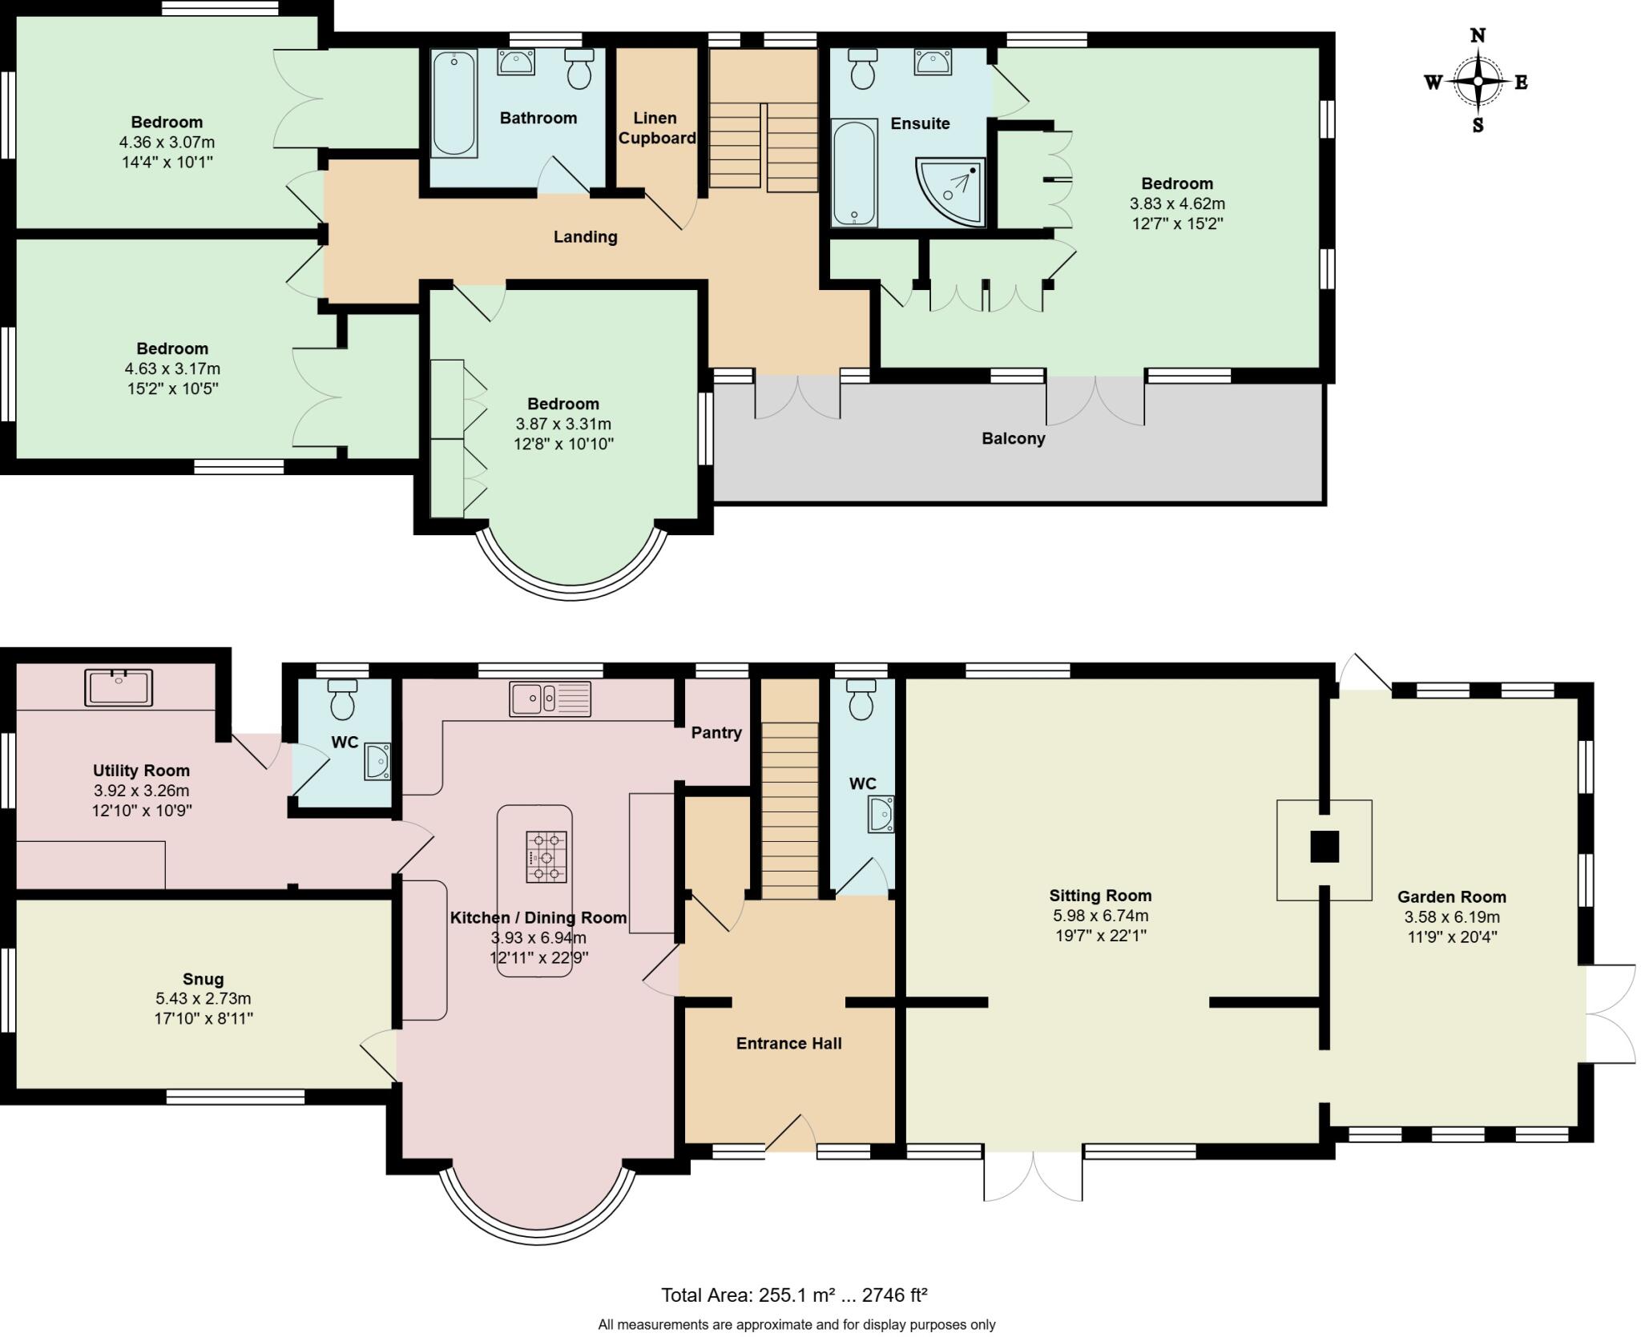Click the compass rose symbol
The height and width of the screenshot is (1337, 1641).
point(1477,82)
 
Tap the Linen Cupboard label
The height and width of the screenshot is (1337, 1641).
point(656,128)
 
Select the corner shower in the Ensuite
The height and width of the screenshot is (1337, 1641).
point(950,191)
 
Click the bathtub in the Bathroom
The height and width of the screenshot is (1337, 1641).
point(454,103)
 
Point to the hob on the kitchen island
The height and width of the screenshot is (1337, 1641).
point(546,857)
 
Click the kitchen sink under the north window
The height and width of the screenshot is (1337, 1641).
point(550,699)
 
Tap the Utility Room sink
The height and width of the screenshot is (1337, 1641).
point(119,687)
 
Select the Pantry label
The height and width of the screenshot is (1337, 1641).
point(716,732)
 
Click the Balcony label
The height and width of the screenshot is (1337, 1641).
point(1014,438)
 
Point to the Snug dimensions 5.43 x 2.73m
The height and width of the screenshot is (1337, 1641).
point(204,999)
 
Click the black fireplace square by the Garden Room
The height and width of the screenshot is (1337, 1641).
point(1324,847)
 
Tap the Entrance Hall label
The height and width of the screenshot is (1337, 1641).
point(789,1043)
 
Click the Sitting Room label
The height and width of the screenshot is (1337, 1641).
point(1100,896)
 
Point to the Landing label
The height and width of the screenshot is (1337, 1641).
point(586,236)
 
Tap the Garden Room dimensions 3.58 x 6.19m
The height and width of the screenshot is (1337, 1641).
point(1452,917)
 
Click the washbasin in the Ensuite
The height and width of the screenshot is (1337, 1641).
point(933,62)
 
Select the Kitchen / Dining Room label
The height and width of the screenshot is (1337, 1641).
point(538,917)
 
